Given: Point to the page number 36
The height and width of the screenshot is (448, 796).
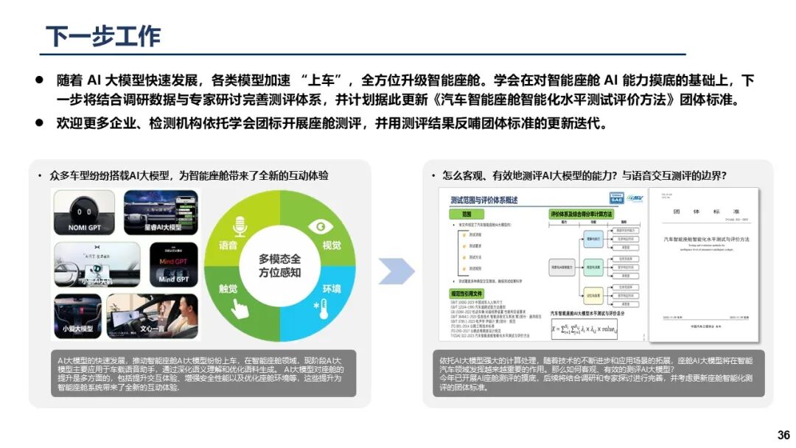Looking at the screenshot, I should [783, 435].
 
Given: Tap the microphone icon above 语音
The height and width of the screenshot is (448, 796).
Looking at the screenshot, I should [238, 225].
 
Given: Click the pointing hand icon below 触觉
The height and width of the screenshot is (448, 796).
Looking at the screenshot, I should [238, 307].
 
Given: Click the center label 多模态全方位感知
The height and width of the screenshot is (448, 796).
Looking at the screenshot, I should [279, 266].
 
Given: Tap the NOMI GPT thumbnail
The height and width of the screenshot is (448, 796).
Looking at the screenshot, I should [85, 211].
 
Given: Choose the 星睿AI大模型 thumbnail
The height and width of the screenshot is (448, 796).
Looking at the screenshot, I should [161, 211].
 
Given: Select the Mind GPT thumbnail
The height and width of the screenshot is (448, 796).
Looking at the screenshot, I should [174, 264].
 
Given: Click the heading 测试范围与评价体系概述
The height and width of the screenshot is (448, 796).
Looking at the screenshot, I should [483, 199].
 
